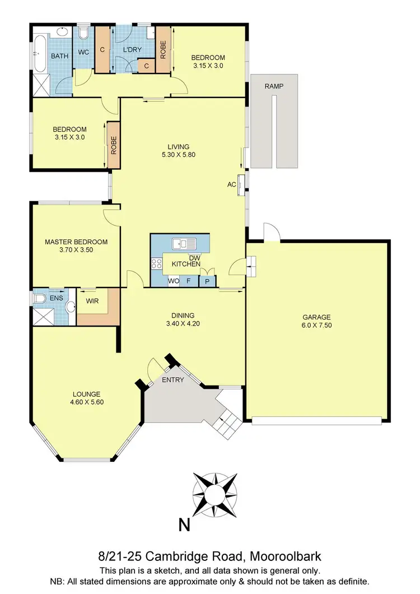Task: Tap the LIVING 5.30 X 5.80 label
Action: click(178, 150)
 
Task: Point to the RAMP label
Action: click(274, 86)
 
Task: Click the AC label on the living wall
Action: click(231, 184)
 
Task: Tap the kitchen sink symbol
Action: click(184, 243)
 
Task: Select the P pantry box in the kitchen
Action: click(207, 281)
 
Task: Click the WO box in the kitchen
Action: click(174, 281)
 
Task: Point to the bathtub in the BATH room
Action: click(40, 54)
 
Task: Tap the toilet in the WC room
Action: click(83, 35)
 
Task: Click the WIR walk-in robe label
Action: click(92, 301)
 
